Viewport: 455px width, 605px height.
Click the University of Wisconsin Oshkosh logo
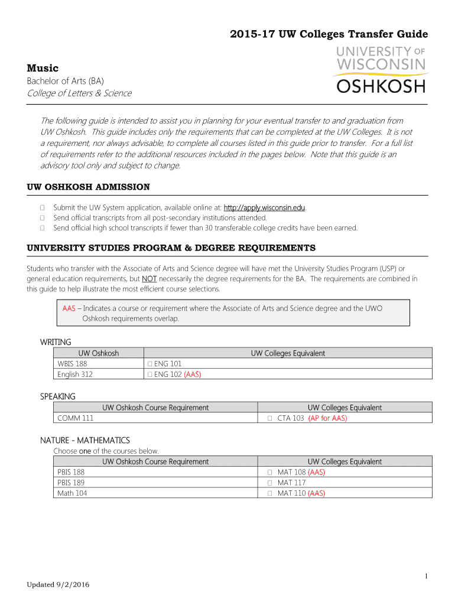pyautogui.click(x=381, y=69)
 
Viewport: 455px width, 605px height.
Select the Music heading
pyautogui.click(x=43, y=69)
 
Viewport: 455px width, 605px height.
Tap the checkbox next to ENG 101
pyautogui.click(x=150, y=364)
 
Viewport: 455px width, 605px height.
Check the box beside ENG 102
pyautogui.click(x=150, y=374)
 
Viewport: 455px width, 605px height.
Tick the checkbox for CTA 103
pyautogui.click(x=269, y=418)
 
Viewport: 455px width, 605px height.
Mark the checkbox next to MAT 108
pyautogui.click(x=269, y=473)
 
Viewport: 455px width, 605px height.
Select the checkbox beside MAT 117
pyautogui.click(x=269, y=483)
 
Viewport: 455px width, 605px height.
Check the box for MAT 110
pyautogui.click(x=269, y=493)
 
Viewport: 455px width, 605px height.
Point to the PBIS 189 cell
pyautogui.click(x=71, y=483)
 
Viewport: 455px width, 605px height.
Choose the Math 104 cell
pyautogui.click(x=72, y=493)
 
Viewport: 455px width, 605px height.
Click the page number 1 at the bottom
pyautogui.click(x=426, y=575)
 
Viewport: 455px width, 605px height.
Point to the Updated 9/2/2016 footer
pyautogui.click(x=58, y=585)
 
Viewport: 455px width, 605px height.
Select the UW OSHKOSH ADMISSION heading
pyautogui.click(x=89, y=187)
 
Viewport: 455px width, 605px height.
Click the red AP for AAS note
pyautogui.click(x=328, y=418)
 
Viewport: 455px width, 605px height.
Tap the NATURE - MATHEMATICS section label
pyautogui.click(x=84, y=441)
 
